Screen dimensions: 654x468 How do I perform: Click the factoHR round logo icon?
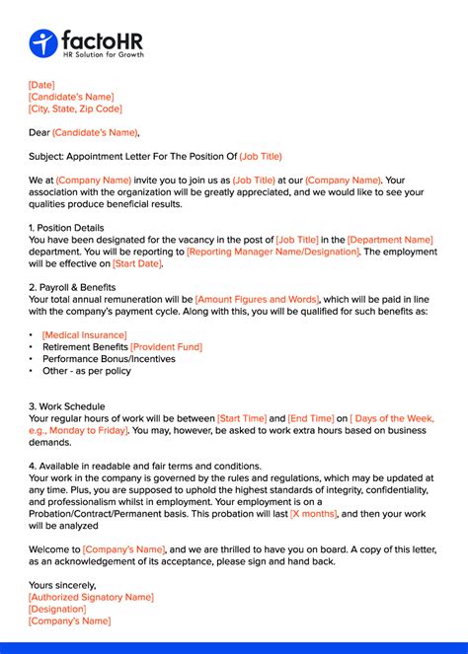click(43, 43)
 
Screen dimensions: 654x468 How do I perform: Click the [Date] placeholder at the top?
click(41, 86)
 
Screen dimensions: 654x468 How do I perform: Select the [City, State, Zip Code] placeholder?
click(75, 109)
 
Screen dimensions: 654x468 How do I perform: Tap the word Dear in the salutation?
click(39, 133)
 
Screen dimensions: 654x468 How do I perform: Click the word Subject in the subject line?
click(46, 157)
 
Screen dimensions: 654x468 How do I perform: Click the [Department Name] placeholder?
click(390, 240)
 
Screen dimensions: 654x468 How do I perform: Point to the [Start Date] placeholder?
click(137, 263)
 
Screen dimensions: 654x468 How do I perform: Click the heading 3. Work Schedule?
click(66, 406)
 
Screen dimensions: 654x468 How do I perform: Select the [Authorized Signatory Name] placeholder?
click(91, 597)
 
